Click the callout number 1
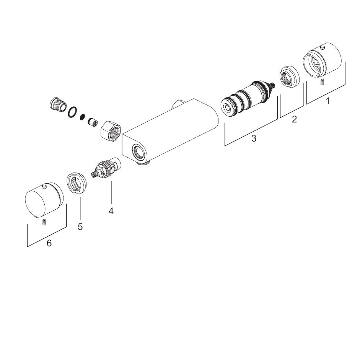[328, 101]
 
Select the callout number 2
[294, 119]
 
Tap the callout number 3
[254, 138]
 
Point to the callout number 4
[111, 211]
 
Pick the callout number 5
[80, 226]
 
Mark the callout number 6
[49, 243]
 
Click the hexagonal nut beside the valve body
[111, 131]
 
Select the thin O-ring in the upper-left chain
[73, 112]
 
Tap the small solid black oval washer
[82, 117]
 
